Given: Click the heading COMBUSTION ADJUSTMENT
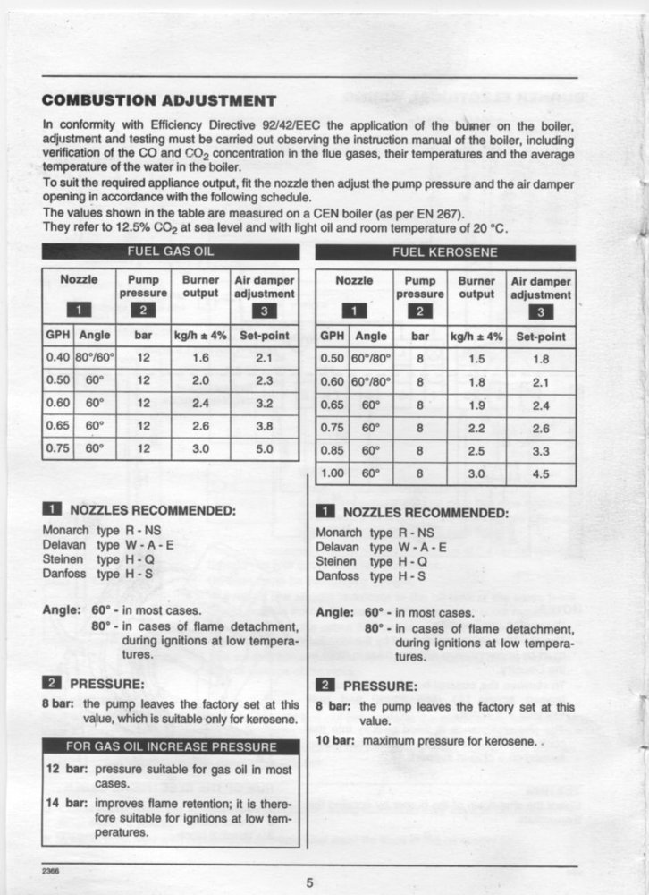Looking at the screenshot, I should click(159, 99).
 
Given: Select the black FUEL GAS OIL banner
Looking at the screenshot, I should click(170, 251).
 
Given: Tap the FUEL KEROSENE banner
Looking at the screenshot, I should click(444, 252).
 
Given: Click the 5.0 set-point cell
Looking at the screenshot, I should click(264, 449).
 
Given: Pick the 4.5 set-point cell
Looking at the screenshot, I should click(541, 474).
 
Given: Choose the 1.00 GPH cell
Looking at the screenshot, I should click(333, 474).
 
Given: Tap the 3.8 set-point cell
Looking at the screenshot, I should click(264, 427).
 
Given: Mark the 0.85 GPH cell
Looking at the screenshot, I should click(333, 451).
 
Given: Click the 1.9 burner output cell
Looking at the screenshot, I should click(476, 405).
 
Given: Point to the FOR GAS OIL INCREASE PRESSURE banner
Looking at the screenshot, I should click(170, 746).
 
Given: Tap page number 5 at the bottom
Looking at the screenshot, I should click(310, 883).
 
